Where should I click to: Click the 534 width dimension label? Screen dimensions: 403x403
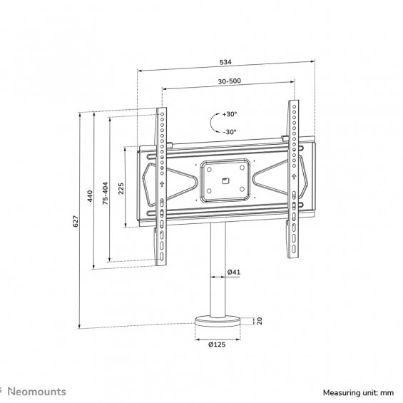click(225, 62)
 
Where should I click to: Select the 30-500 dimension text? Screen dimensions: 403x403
click(230, 81)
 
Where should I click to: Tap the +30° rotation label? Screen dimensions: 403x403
click(230, 114)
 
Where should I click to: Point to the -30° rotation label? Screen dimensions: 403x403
click(230, 132)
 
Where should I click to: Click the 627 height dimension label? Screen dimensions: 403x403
click(76, 221)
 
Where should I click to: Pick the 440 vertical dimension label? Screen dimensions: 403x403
click(90, 196)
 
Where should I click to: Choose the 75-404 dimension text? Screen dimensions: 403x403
click(106, 193)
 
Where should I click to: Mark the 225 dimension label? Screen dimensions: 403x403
click(121, 188)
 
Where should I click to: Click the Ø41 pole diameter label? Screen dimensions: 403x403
click(234, 272)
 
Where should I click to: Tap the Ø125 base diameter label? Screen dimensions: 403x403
click(217, 345)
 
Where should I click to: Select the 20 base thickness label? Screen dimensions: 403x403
click(260, 321)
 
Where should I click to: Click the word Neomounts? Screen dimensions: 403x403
click(37, 392)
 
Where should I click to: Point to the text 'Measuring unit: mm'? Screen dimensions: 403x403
click(358, 393)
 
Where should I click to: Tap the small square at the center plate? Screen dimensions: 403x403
click(225, 180)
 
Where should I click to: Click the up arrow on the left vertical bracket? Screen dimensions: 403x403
click(162, 184)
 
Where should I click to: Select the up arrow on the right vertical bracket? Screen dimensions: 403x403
click(294, 176)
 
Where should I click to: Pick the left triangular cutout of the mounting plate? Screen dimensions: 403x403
click(170, 184)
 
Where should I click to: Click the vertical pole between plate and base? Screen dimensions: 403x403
click(218, 270)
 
